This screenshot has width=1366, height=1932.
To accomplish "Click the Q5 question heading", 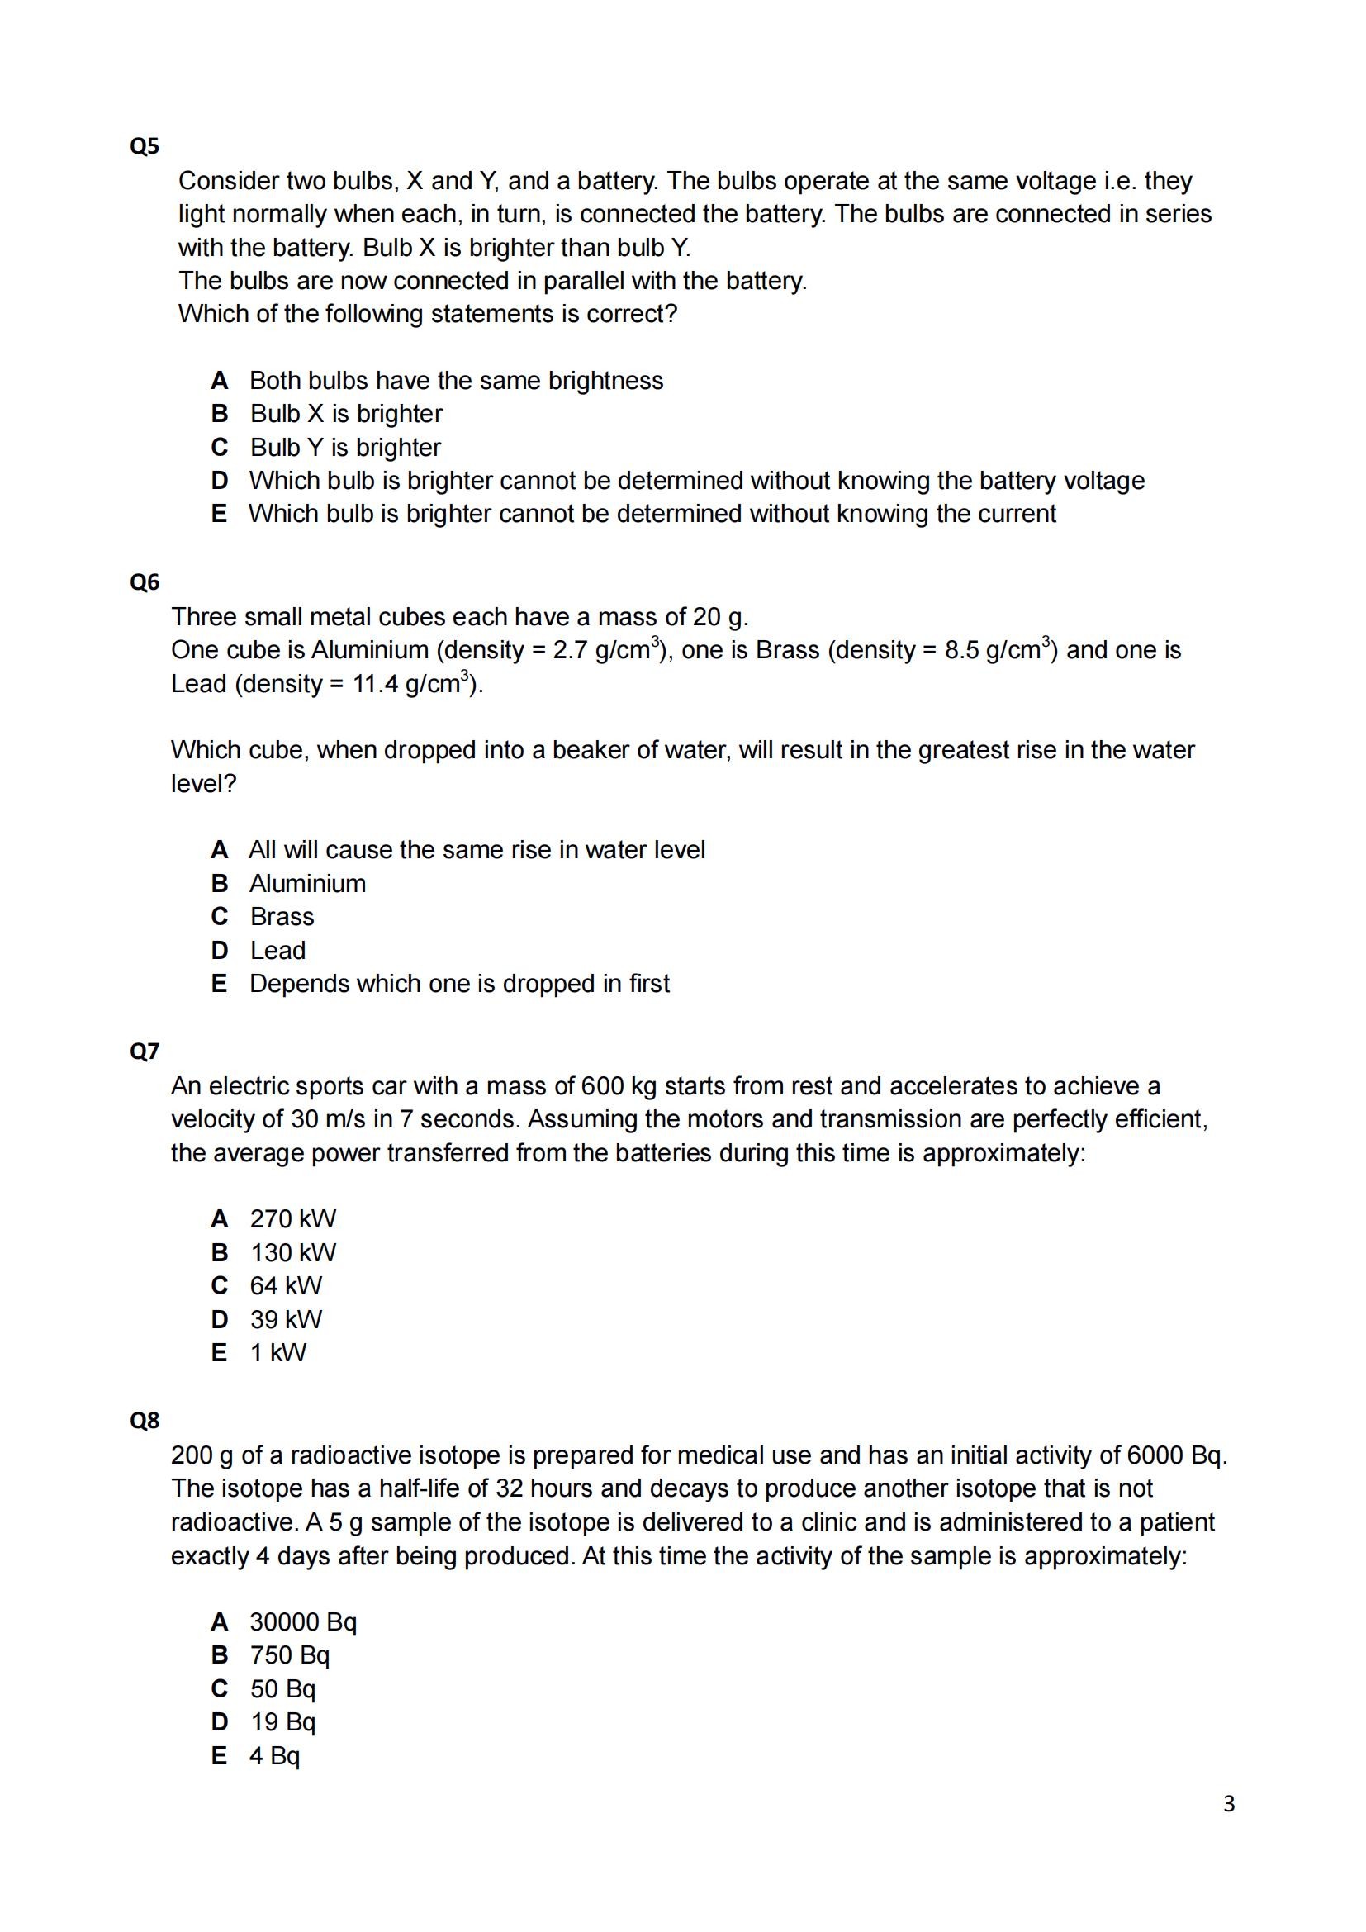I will click(144, 146).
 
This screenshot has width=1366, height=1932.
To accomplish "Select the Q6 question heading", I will click(144, 582).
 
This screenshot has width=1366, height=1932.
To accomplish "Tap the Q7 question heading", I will click(144, 1051).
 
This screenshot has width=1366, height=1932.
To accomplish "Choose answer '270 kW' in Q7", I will click(292, 1218).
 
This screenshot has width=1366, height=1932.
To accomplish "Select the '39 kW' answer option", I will click(286, 1318).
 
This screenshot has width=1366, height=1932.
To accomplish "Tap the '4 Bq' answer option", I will click(274, 1755).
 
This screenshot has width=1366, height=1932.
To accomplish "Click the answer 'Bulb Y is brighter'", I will click(345, 447).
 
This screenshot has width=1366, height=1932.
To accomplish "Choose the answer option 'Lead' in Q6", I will click(277, 950).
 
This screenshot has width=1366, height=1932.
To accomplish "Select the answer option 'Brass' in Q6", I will click(282, 916).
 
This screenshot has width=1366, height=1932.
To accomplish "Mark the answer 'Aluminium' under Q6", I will click(307, 884).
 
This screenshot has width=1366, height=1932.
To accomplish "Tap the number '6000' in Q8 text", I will click(1155, 1455).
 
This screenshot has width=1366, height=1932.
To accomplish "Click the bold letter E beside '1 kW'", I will click(220, 1352).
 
